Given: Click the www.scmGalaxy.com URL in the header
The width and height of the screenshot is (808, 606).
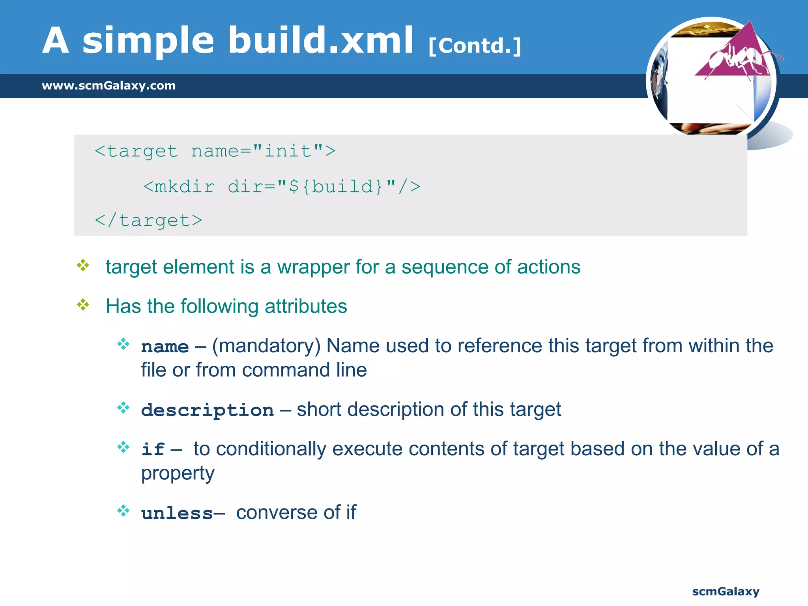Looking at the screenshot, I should tap(108, 86).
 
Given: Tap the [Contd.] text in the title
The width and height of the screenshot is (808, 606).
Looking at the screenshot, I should tap(475, 46).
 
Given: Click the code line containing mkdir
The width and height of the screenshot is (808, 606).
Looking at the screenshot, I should tap(282, 187).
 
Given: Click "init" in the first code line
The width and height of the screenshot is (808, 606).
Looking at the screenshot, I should tap(288, 151).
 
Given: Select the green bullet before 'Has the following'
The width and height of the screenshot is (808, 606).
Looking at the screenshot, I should tap(83, 305).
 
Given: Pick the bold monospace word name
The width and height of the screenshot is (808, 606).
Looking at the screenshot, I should tap(165, 347).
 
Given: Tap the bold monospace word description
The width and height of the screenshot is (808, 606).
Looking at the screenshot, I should tap(208, 410).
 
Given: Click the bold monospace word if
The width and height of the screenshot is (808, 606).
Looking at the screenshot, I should tap(153, 449).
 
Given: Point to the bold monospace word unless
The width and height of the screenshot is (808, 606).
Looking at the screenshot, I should tap(177, 513).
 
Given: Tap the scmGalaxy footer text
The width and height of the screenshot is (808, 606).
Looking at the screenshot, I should tap(726, 591).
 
